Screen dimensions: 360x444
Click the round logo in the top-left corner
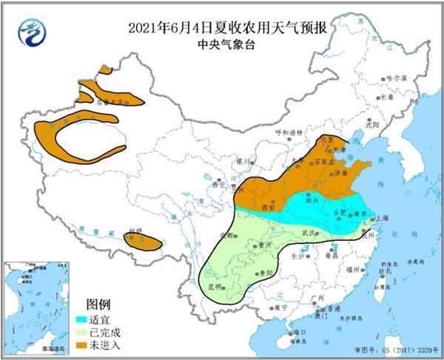(x=31, y=30)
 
